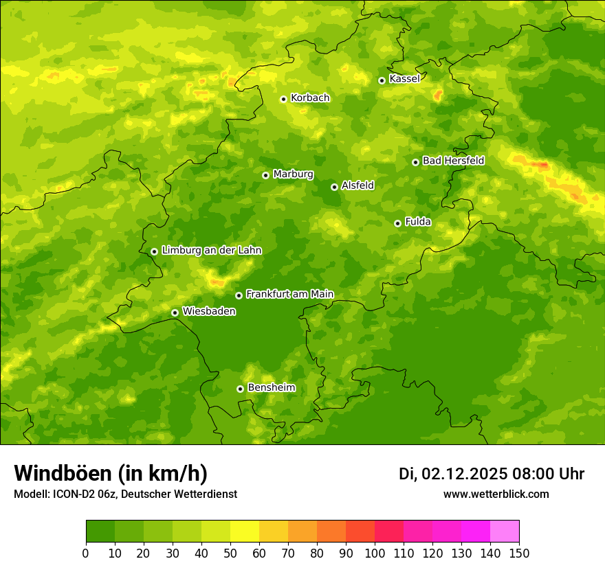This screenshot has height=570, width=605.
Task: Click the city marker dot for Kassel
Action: [x=382, y=80]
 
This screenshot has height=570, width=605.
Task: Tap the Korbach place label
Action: [x=310, y=98]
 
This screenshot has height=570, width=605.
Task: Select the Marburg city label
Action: [x=293, y=174]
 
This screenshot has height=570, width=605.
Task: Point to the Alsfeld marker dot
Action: [x=334, y=187]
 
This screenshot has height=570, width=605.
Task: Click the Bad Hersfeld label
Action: [x=453, y=161]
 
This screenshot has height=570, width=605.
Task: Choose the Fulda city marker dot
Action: [x=397, y=223]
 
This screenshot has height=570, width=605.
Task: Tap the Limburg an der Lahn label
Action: [x=211, y=251]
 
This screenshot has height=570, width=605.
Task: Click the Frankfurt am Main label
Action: [x=289, y=295]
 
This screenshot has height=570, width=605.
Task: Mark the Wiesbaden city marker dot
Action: [x=175, y=312]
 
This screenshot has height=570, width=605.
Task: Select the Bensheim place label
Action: [x=271, y=388]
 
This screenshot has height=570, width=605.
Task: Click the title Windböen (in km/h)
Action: [x=111, y=473]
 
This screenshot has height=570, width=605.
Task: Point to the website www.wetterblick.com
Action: [x=496, y=494]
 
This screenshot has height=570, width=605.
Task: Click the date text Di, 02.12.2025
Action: [x=453, y=474]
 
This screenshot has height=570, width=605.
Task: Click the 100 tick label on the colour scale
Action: [x=375, y=554]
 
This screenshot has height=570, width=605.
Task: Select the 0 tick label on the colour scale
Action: [x=86, y=554]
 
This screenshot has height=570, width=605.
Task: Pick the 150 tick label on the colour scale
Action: [x=519, y=554]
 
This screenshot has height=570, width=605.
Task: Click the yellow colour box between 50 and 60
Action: [x=245, y=532]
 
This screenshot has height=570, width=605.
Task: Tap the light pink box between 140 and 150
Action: [x=505, y=532]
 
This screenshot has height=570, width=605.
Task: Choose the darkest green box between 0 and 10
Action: [x=100, y=532]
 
